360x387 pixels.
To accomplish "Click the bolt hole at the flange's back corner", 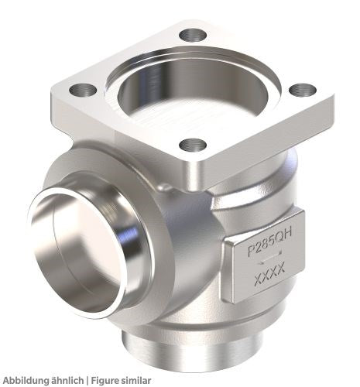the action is point(193,36).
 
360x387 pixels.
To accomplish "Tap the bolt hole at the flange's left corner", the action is point(83,90).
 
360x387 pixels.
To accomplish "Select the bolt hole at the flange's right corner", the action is point(303,90).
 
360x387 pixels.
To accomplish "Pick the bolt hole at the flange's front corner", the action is point(193,146).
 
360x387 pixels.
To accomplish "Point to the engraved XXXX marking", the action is point(269,274).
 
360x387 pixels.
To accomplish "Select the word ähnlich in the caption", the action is point(69,380).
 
